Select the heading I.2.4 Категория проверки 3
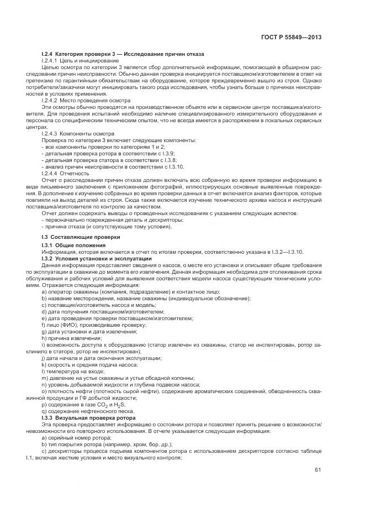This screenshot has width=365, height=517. point(123,54)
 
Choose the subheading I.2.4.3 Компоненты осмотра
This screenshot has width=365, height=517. point(78,134)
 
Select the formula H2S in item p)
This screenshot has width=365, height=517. point(119,405)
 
